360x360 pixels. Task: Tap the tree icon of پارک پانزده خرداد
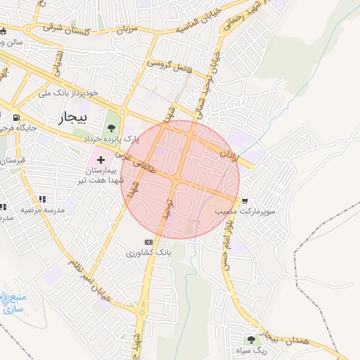(112, 128)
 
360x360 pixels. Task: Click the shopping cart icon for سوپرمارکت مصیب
(244, 200)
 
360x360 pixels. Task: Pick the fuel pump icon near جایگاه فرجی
(15, 118)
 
